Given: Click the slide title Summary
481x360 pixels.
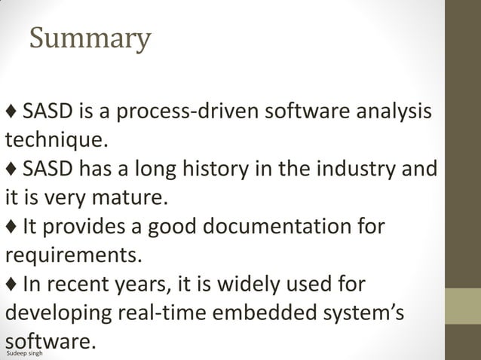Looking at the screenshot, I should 90,38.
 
